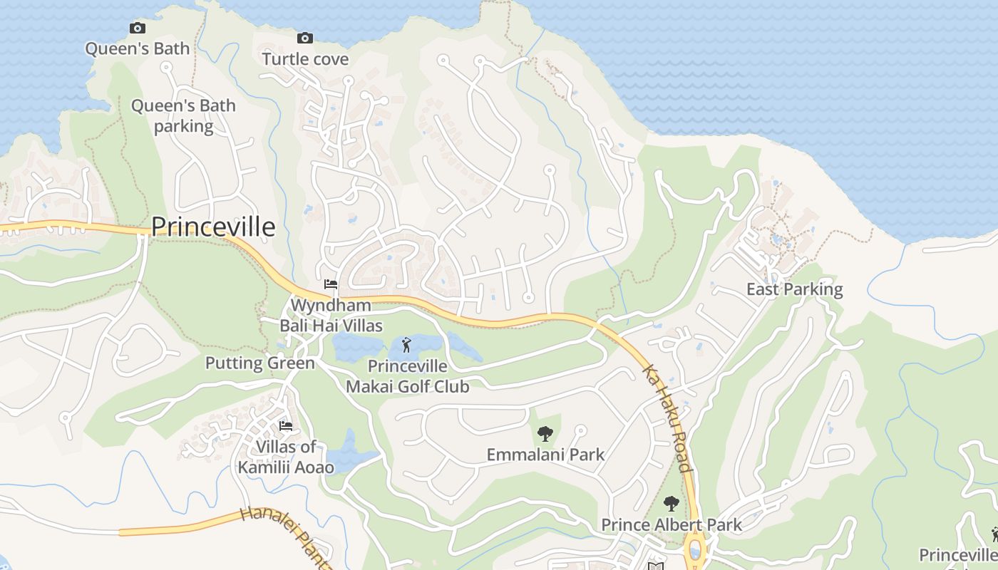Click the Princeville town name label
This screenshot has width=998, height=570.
click(x=213, y=227)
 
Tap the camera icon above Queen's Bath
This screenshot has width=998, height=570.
click(x=138, y=28)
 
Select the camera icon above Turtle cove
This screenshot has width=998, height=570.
click(x=305, y=38)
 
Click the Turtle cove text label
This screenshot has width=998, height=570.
click(x=305, y=58)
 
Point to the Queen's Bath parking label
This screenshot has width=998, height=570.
click(x=183, y=116)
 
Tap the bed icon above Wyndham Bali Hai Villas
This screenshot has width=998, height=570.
click(x=331, y=284)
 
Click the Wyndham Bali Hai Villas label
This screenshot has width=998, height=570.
click(x=331, y=316)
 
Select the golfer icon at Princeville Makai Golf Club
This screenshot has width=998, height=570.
click(x=406, y=346)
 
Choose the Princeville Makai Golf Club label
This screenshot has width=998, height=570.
click(x=407, y=376)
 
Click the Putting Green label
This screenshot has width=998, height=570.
click(x=259, y=363)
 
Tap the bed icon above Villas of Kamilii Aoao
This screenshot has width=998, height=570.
click(x=286, y=426)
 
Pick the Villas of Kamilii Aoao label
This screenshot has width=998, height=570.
click(x=286, y=457)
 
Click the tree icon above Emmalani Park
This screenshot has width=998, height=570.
click(x=545, y=433)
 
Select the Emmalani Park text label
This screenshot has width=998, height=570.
click(x=545, y=455)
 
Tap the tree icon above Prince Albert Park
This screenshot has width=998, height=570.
click(x=671, y=504)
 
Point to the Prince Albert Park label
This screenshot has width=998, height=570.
click(x=671, y=525)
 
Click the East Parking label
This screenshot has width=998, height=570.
click(x=794, y=289)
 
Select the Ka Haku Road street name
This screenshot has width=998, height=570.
click(x=667, y=419)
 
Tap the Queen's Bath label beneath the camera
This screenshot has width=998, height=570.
click(x=138, y=48)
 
